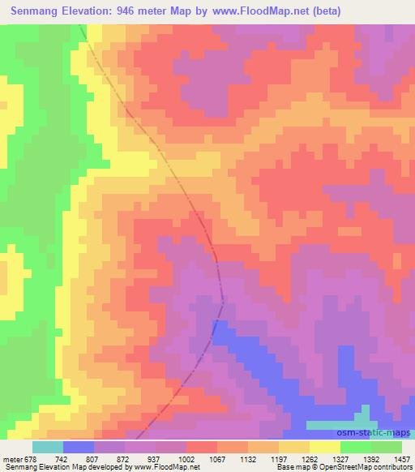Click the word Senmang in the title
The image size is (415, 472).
point(40,11)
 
